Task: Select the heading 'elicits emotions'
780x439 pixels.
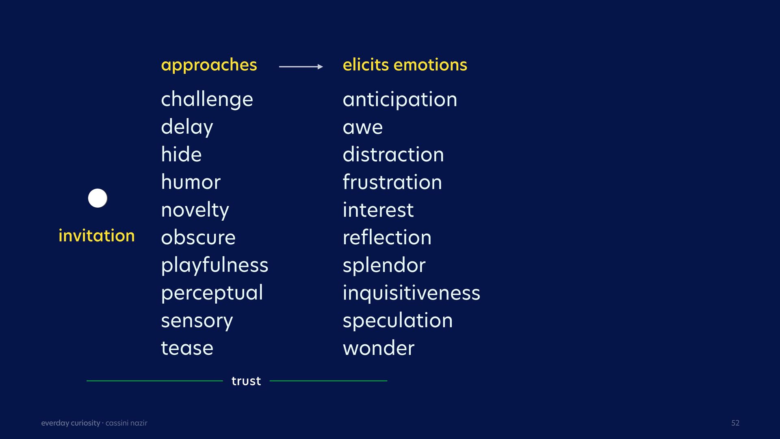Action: click(x=405, y=65)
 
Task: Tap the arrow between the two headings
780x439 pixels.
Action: click(x=301, y=67)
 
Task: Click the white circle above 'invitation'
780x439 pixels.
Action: click(x=97, y=198)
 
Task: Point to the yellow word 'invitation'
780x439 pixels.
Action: click(x=96, y=236)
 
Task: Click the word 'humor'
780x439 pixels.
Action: click(x=191, y=182)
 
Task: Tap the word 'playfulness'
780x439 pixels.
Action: click(x=214, y=266)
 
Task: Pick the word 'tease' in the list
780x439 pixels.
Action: click(x=187, y=348)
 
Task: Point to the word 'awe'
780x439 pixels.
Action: click(x=362, y=128)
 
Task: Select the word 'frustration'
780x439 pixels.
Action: click(x=392, y=182)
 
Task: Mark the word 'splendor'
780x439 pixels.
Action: click(x=384, y=266)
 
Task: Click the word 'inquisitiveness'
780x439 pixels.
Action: click(x=411, y=293)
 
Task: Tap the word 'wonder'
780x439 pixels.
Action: click(x=378, y=348)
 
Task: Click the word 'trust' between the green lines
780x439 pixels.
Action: click(x=246, y=381)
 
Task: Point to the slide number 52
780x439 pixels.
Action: click(x=735, y=423)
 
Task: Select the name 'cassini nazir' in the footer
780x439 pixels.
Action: click(x=126, y=423)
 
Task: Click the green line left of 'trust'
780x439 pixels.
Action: click(x=155, y=381)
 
